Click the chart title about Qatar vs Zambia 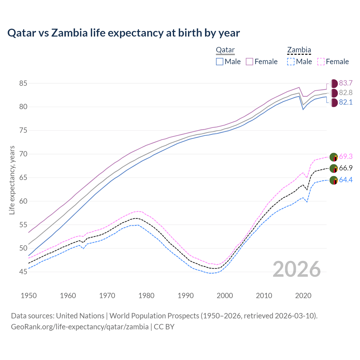pyautogui.click(x=123, y=33)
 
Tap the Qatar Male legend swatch pyautogui.click(x=220, y=62)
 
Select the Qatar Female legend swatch pyautogui.click(x=250, y=62)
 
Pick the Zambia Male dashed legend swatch pyautogui.click(x=291, y=62)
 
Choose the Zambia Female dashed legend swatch pyautogui.click(x=321, y=62)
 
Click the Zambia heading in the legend pyautogui.click(x=299, y=50)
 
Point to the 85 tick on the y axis pyautogui.click(x=23, y=83)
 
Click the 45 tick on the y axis pyautogui.click(x=23, y=272)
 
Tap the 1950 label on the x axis pyautogui.click(x=29, y=296)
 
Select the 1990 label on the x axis pyautogui.click(x=186, y=296)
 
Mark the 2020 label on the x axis pyautogui.click(x=303, y=296)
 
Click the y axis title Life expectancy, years pyautogui.click(x=12, y=180)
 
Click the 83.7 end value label pyautogui.click(x=346, y=83)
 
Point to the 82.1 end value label pyautogui.click(x=346, y=102)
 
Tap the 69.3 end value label pyautogui.click(x=346, y=156)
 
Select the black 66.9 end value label pyautogui.click(x=346, y=168)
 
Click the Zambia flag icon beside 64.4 pyautogui.click(x=334, y=180)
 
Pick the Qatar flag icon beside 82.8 pyautogui.click(x=334, y=93)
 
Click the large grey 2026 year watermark pyautogui.click(x=297, y=269)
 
